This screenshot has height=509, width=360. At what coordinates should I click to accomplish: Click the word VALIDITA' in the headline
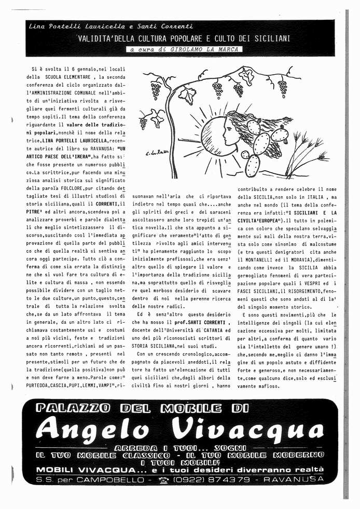pos(98,38)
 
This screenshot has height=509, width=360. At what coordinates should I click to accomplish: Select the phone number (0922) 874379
pos(215,479)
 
